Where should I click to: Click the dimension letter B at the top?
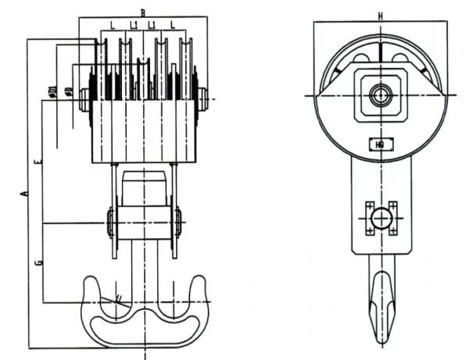coord(142,12)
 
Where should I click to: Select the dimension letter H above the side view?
coord(379,16)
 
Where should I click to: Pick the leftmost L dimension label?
coord(113,26)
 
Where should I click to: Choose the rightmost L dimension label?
coord(172,26)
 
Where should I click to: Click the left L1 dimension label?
coord(134,26)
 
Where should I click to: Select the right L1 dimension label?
coord(153,26)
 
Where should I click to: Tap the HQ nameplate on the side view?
coord(379,144)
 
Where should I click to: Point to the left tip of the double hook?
coord(84,285)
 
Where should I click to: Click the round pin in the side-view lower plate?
coord(380,219)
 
